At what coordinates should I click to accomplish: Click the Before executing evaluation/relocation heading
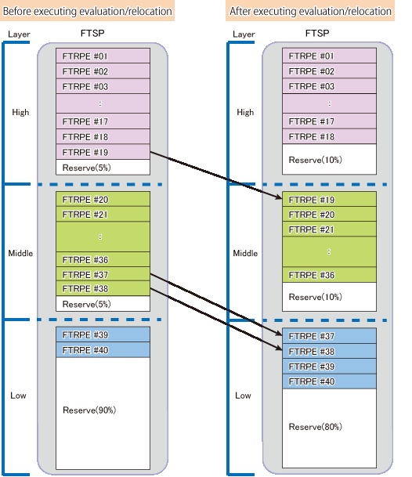click(x=87, y=11)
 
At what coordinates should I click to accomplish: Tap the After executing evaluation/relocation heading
click(x=310, y=11)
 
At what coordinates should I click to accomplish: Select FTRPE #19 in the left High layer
click(x=103, y=152)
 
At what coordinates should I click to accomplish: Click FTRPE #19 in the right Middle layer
click(x=329, y=200)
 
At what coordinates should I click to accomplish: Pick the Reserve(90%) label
click(x=89, y=410)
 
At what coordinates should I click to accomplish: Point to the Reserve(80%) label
click(x=315, y=427)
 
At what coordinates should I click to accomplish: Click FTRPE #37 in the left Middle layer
click(x=103, y=274)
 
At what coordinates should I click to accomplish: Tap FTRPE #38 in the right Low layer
click(x=329, y=352)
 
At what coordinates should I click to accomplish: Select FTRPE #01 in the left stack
click(x=103, y=56)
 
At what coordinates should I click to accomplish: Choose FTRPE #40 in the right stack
click(x=329, y=381)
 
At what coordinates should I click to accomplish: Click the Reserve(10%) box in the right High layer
click(x=329, y=160)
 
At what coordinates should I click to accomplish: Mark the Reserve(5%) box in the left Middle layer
click(x=103, y=304)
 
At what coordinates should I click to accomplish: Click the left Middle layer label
click(x=20, y=253)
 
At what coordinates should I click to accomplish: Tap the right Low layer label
click(x=243, y=396)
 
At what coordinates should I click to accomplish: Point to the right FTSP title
click(x=317, y=33)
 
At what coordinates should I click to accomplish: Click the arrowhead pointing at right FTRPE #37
click(x=279, y=334)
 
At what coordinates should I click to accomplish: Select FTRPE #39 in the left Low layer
click(x=103, y=334)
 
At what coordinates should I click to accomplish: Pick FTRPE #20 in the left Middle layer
click(x=103, y=199)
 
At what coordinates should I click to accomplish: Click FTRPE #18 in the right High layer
click(x=329, y=136)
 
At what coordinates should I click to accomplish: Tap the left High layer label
click(x=20, y=112)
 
